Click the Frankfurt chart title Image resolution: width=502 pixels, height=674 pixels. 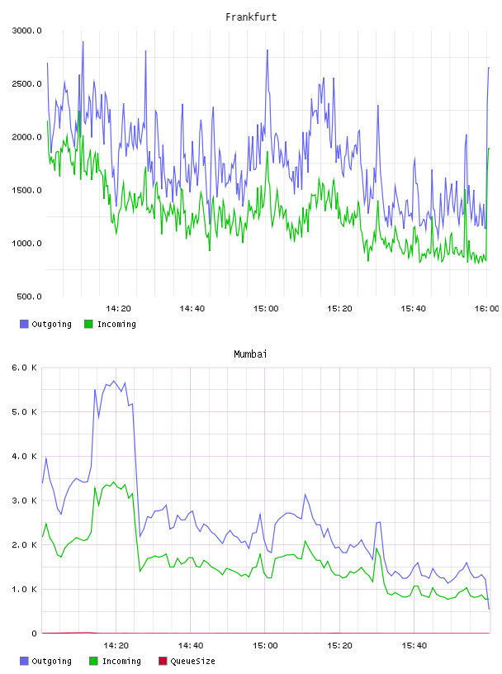[251, 17]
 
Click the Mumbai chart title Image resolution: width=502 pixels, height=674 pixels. [250, 354]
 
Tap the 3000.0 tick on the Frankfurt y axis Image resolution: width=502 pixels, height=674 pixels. [26, 31]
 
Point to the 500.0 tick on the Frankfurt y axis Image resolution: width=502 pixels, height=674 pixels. [29, 297]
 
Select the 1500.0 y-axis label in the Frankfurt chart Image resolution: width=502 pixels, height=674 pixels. [26, 190]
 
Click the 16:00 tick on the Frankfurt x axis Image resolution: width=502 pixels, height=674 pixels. [486, 308]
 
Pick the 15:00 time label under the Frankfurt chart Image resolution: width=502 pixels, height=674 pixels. [266, 308]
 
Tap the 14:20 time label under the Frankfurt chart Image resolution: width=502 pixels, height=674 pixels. [118, 308]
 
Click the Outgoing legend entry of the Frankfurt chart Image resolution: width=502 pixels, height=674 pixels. [45, 324]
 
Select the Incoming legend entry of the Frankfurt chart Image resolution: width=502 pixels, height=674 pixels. [110, 324]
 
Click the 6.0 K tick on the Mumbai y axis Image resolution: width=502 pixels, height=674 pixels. [24, 368]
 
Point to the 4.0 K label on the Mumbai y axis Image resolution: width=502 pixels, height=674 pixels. [24, 456]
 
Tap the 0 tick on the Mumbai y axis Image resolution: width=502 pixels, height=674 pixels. [35, 634]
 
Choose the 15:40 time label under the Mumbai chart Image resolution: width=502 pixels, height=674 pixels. [414, 645]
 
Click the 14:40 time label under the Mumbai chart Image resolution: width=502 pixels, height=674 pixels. [191, 645]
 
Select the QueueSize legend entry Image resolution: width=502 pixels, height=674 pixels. [187, 661]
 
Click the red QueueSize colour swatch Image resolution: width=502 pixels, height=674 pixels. [163, 661]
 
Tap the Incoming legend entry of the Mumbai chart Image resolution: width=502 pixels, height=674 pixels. [115, 661]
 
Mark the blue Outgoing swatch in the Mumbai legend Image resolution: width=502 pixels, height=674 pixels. [24, 661]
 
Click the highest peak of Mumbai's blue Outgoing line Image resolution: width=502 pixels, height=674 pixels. [113, 381]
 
